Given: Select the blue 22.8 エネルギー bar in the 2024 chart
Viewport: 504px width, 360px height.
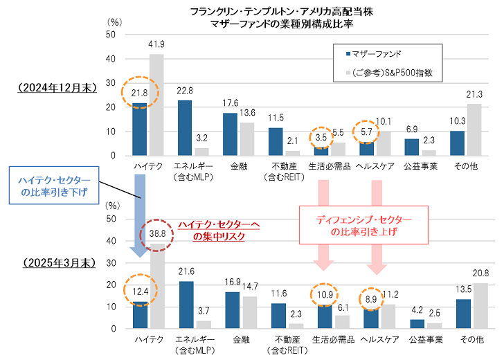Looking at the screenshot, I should tap(184, 128).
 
